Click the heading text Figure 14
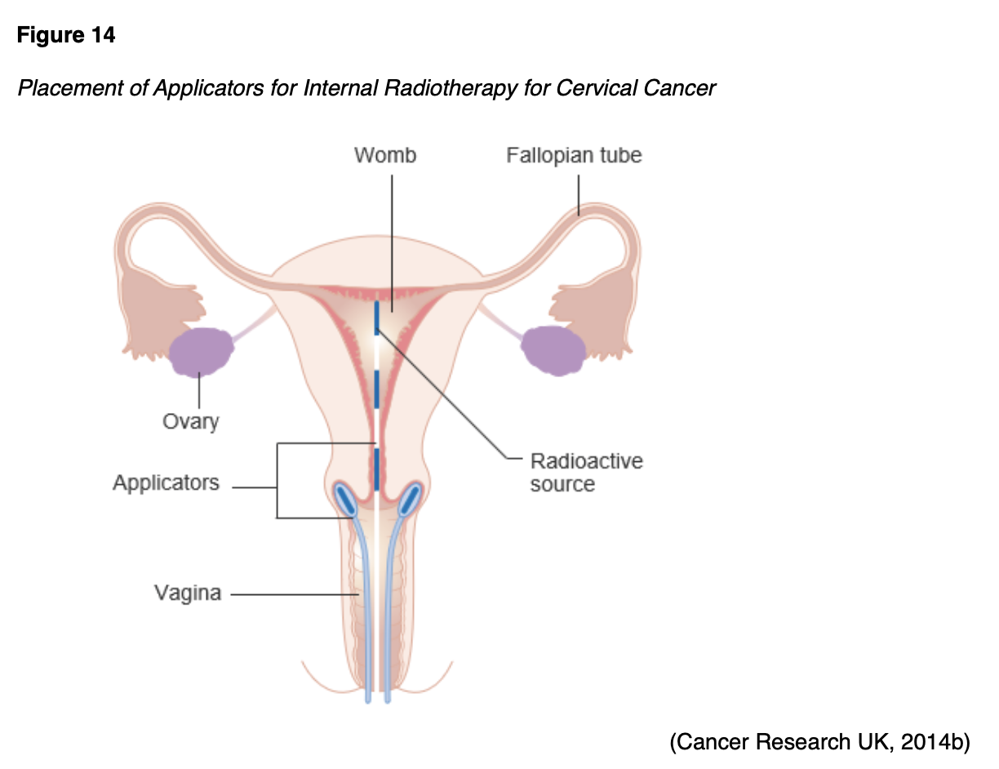tap(66, 36)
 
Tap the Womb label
tap(385, 155)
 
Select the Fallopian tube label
tap(574, 155)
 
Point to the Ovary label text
tap(190, 421)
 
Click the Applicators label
tap(166, 482)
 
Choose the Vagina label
tap(188, 593)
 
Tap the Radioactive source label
tap(586, 473)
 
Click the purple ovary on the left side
tap(201, 351)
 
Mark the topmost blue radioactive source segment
tap(377, 318)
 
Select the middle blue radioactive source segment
tap(376, 389)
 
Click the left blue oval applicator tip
tap(345, 498)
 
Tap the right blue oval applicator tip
tap(408, 498)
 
